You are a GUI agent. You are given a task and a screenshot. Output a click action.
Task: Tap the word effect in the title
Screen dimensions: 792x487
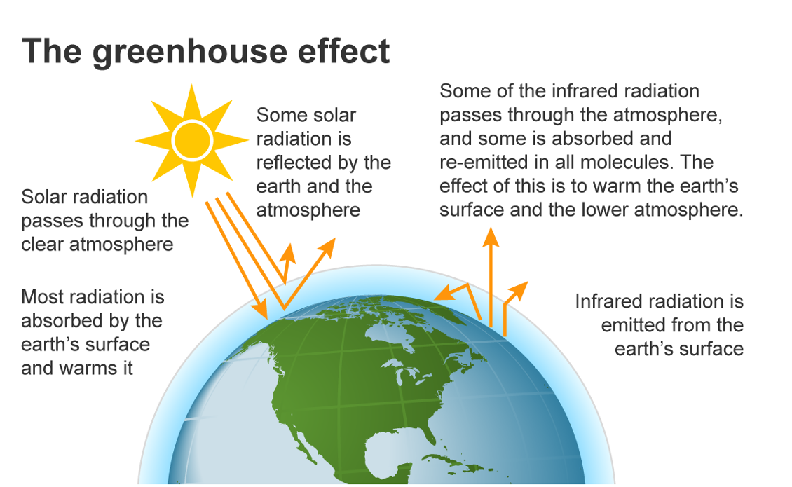[x=344, y=50]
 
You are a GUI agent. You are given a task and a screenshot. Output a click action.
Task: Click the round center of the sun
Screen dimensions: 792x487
[x=192, y=140]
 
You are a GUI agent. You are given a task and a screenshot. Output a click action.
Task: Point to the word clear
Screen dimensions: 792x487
[x=43, y=245]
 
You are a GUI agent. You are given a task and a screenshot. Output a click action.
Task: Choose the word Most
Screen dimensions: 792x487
[x=43, y=297]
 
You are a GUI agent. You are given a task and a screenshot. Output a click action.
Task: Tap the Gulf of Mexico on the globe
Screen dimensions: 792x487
[x=393, y=452]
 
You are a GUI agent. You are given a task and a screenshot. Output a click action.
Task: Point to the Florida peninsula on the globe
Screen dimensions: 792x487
[x=430, y=435]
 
